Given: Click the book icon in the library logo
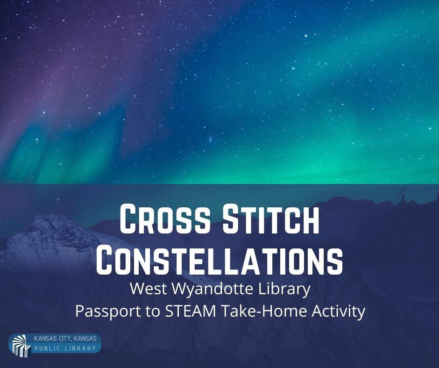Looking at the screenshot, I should tap(21, 345).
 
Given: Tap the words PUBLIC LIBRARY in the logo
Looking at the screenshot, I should tap(65, 348).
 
